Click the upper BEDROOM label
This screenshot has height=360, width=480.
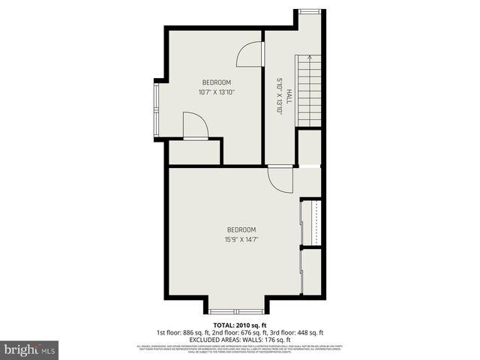point(216,82)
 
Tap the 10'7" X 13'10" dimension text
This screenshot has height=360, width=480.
point(216,93)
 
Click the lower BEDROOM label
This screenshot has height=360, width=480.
point(241,229)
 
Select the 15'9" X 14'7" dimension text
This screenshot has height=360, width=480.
point(241,240)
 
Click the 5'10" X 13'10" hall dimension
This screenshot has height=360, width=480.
point(279,96)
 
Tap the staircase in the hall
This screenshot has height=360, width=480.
point(309,91)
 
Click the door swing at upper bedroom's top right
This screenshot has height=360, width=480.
point(250,54)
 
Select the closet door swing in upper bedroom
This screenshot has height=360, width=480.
point(194,126)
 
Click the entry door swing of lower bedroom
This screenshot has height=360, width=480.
point(281,179)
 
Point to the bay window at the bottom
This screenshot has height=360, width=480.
point(236,310)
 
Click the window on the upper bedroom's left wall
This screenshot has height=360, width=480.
point(156,109)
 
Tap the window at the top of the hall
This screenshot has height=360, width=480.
point(309,10)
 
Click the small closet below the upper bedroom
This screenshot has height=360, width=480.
point(194,151)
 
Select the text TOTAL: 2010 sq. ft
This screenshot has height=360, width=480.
point(239,325)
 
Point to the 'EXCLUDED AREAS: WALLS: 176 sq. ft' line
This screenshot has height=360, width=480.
point(239,340)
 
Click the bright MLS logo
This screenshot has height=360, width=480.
point(29,349)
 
